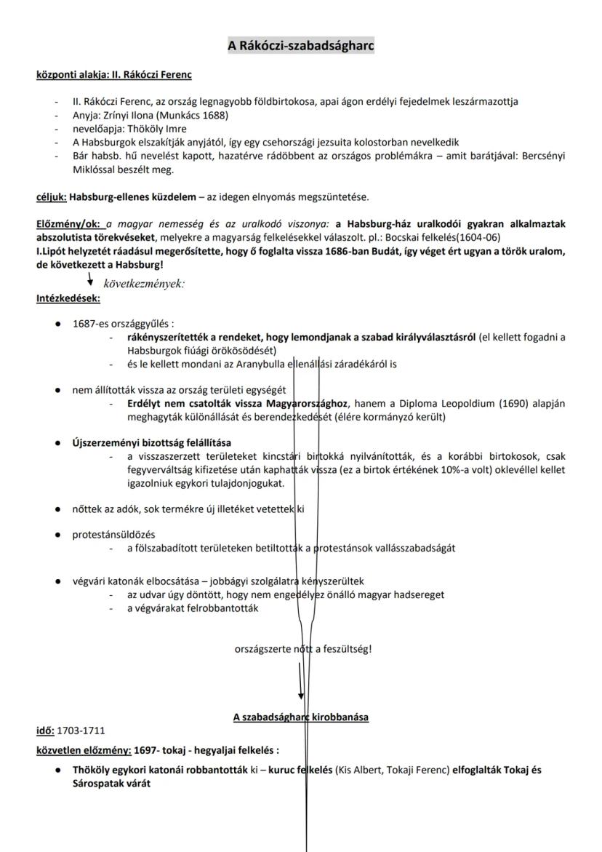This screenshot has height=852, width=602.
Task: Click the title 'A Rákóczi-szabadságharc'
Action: pos(301,46)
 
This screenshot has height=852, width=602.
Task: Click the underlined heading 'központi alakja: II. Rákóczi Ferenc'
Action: pos(114,74)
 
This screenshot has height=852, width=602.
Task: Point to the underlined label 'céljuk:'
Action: pos(52,196)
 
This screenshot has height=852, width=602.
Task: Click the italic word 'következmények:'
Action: pos(139,284)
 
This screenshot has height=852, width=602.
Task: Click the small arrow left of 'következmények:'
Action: pos(89,281)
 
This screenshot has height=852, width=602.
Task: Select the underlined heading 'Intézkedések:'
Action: pos(68,298)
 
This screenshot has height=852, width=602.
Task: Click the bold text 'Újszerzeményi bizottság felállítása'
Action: pos(152,442)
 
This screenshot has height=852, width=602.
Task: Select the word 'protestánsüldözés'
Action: pos(113,535)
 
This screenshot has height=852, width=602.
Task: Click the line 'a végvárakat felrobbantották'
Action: pos(193,608)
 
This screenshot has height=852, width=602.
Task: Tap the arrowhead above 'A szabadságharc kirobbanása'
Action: pos(301,694)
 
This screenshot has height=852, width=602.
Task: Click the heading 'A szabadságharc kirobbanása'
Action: pos(300,717)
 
